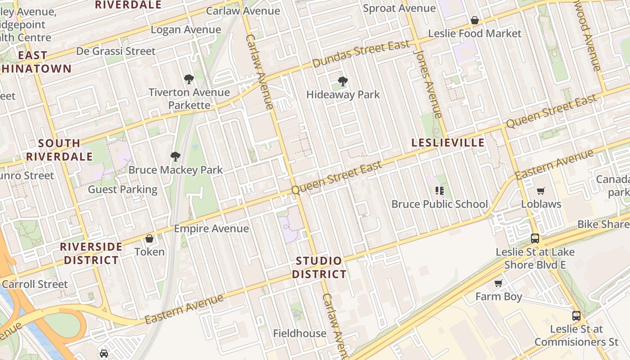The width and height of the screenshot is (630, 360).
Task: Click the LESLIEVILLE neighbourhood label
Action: click(x=448, y=143)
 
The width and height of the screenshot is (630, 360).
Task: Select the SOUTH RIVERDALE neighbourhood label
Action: click(x=59, y=150)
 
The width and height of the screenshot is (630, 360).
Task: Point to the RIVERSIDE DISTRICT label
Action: click(x=91, y=253)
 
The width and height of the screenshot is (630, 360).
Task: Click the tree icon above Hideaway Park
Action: click(x=343, y=81)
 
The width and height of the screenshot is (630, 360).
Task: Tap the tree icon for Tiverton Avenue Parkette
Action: click(x=189, y=79)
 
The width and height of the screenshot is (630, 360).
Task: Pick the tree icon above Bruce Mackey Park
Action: click(x=175, y=157)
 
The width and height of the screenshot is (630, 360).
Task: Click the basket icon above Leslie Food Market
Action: click(x=474, y=20)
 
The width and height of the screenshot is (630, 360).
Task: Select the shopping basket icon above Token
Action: click(x=149, y=238)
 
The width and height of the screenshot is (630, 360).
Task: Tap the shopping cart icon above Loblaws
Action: click(x=541, y=191)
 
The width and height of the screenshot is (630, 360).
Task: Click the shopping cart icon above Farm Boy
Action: click(x=498, y=283)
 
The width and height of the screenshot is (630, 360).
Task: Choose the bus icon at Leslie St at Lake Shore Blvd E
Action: click(x=535, y=238)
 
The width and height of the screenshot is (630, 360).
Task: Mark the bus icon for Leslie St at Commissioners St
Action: click(x=576, y=315)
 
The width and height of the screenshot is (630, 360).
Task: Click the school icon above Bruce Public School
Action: click(x=440, y=190)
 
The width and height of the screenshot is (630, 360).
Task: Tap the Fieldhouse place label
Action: click(x=300, y=333)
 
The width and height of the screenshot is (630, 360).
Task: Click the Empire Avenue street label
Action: click(x=211, y=229)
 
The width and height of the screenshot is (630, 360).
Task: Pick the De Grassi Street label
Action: click(x=116, y=51)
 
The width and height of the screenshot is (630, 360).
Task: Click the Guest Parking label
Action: click(x=123, y=189)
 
